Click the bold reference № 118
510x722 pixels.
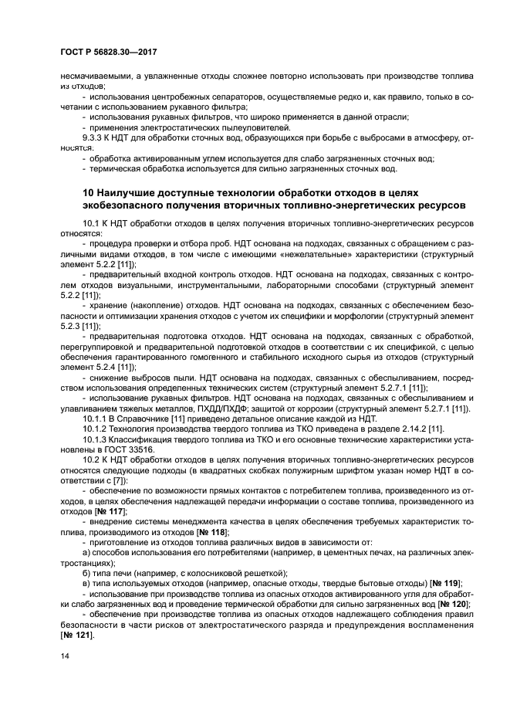point(212,532)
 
